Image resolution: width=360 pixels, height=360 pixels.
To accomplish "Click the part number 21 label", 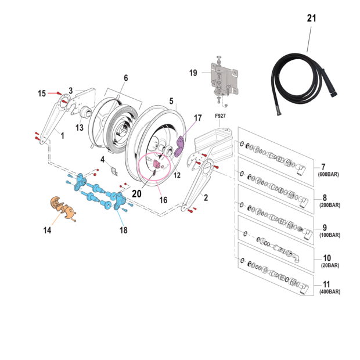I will click(x=312, y=18).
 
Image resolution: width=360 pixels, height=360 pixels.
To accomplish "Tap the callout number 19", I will click(x=193, y=73).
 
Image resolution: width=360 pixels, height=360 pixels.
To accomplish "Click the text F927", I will click(x=220, y=116).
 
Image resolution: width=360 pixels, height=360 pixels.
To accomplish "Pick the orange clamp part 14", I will click(x=59, y=207).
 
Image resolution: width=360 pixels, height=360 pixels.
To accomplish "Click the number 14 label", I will click(x=47, y=230).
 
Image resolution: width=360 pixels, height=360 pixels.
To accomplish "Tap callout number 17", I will click(x=197, y=118).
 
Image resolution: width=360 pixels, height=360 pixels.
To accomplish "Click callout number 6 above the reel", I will click(x=125, y=78).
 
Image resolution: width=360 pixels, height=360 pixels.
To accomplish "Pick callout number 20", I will click(x=136, y=193).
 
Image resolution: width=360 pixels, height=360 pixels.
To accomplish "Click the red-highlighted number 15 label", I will click(x=42, y=93).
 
